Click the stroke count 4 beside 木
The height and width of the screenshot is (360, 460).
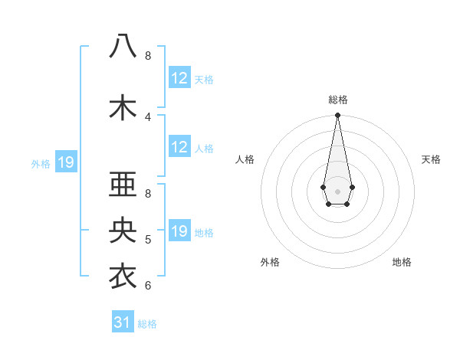[148, 116]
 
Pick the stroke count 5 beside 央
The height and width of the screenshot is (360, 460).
[148, 240]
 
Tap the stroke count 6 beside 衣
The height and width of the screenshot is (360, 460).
[148, 286]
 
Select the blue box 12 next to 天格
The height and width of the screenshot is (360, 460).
[179, 77]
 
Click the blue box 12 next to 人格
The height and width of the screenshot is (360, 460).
[179, 147]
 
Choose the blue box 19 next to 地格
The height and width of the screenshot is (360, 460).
[179, 231]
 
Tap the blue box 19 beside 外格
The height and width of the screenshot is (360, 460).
[66, 162]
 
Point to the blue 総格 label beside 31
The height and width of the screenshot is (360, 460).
[147, 324]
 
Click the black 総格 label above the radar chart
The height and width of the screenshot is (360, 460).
[338, 100]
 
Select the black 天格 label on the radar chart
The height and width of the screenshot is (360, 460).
[431, 159]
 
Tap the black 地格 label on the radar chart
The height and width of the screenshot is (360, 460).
[402, 262]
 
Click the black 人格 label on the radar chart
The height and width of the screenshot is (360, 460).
[245, 159]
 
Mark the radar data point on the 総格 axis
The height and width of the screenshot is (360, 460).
[338, 116]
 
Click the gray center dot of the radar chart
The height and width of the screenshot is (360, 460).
[338, 191]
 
